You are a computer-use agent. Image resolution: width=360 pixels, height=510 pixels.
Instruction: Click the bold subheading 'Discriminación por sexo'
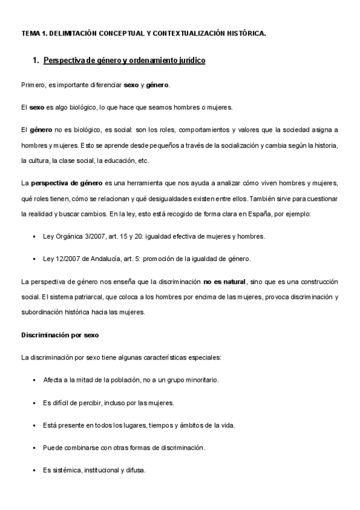59,335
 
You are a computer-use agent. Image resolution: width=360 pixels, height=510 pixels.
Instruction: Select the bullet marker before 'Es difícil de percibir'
34,403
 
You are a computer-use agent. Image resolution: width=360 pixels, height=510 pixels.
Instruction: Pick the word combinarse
82,447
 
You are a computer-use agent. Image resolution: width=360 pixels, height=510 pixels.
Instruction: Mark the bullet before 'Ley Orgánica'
34,236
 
